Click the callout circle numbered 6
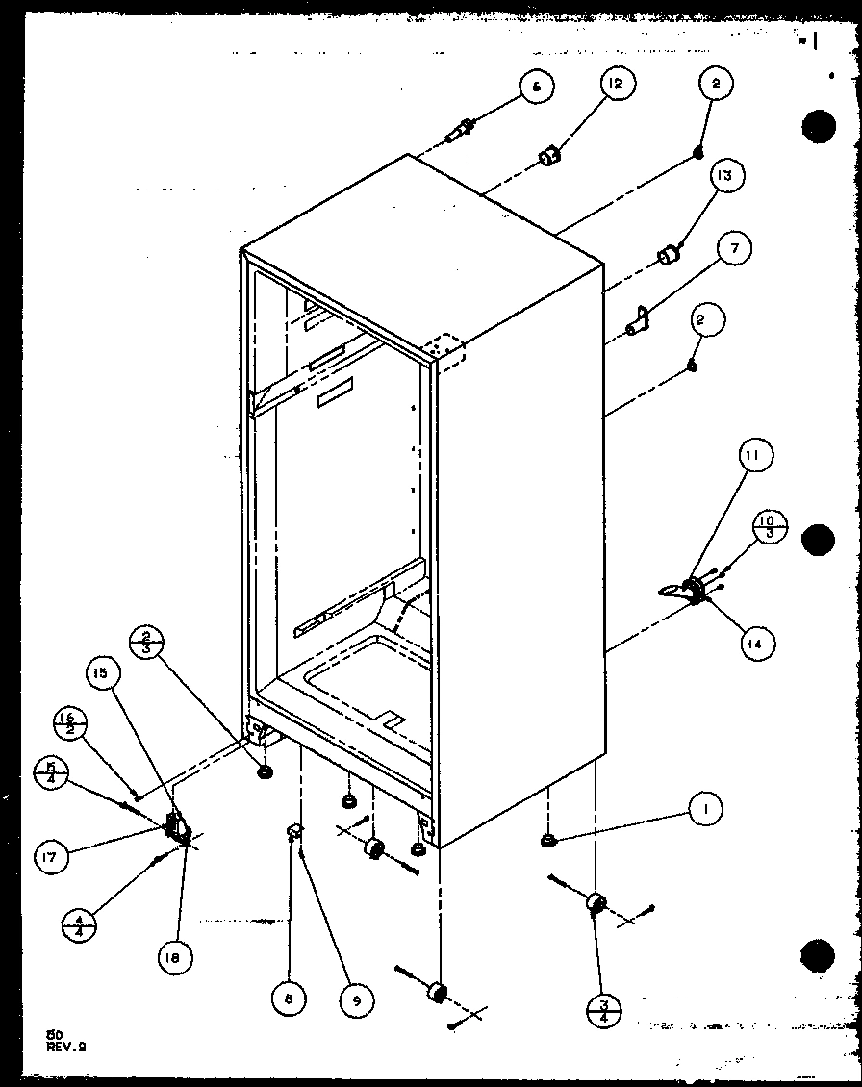(537, 86)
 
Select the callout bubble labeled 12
(615, 85)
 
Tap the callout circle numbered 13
(723, 176)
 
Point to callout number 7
(733, 249)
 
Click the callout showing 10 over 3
(770, 527)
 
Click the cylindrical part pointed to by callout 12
(549, 155)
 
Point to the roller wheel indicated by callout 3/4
(596, 903)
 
